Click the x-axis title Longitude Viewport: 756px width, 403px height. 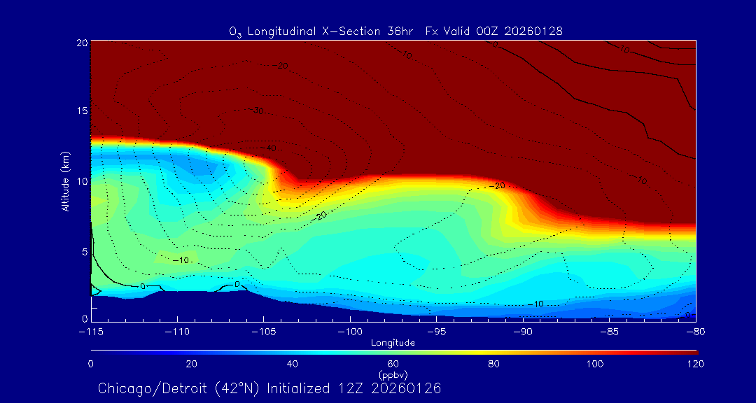pyautogui.click(x=393, y=343)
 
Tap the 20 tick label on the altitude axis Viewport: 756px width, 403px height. pyautogui.click(x=80, y=43)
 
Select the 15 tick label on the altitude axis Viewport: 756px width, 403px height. pyautogui.click(x=80, y=112)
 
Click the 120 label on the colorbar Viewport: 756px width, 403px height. pyautogui.click(x=696, y=364)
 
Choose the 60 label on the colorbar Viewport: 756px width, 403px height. pyautogui.click(x=393, y=364)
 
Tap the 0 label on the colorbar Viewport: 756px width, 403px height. pyautogui.click(x=91, y=364)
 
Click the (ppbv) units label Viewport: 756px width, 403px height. pyautogui.click(x=393, y=374)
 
